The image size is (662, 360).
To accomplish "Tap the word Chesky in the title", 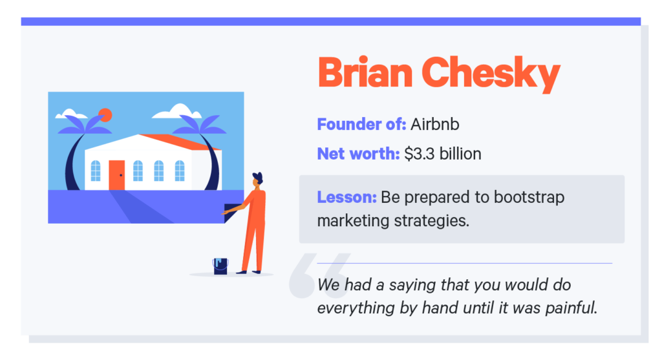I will (491, 74).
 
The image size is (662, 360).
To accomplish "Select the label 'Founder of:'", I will (361, 123).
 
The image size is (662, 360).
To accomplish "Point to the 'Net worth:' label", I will (358, 154).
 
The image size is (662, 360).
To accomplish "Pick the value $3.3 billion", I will (443, 154).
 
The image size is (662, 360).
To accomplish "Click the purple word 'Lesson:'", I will (346, 196).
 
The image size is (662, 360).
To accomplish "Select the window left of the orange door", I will (96, 171).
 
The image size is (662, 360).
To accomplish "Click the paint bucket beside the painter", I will (220, 266).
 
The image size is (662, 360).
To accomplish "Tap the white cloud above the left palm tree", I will (71, 115).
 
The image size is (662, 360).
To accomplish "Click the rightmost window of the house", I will (179, 171).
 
